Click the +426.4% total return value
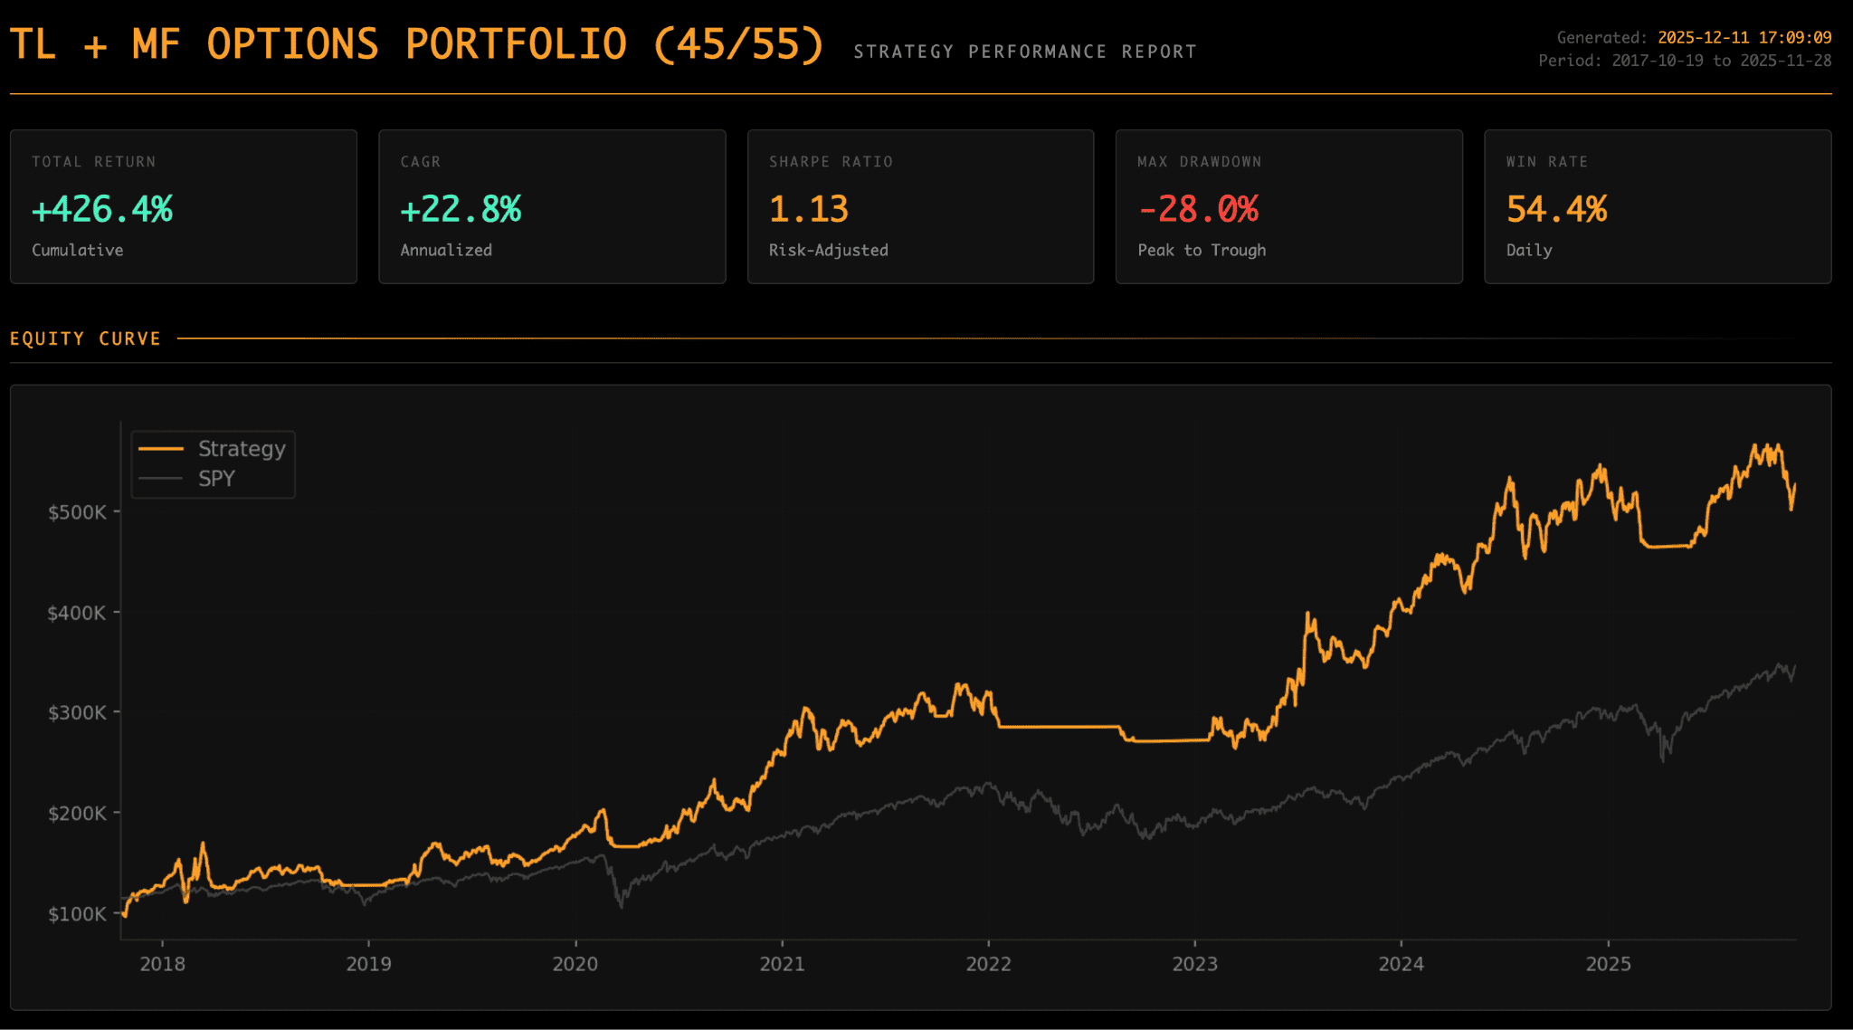(x=102, y=209)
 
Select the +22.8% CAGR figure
(x=461, y=209)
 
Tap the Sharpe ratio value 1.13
(x=809, y=209)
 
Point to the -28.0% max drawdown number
(x=1198, y=209)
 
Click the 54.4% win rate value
(x=1556, y=209)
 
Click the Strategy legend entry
(x=241, y=449)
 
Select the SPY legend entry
(x=216, y=479)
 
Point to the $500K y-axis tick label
(x=77, y=512)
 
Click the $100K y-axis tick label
(x=77, y=914)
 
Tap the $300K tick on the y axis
(x=77, y=713)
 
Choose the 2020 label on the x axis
(x=575, y=964)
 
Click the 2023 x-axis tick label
(x=1194, y=964)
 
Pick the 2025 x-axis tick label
(x=1608, y=964)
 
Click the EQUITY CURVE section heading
(x=85, y=339)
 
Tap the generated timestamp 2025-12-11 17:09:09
(x=1744, y=38)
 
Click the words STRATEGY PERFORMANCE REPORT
(x=1025, y=52)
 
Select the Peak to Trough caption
(x=1202, y=250)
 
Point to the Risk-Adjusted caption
(x=828, y=250)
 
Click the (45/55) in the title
(x=738, y=43)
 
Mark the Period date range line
(x=1685, y=61)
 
